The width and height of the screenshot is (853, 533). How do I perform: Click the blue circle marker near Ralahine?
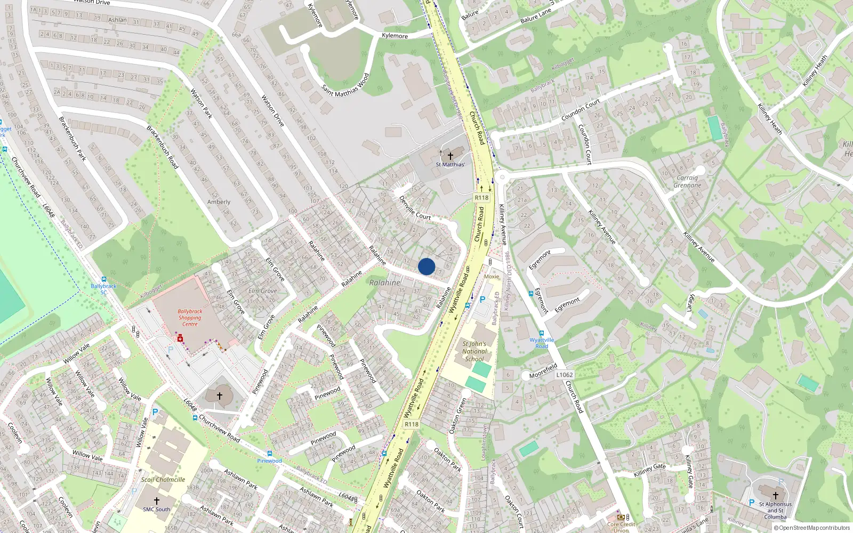click(426, 266)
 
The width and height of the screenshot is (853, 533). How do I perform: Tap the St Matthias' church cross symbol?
click(450, 156)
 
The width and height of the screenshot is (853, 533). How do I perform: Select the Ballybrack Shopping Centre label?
click(190, 317)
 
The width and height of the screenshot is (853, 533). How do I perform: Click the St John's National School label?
click(474, 351)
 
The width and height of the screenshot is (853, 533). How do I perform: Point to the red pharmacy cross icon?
click(180, 338)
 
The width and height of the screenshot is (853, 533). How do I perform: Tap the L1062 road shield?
click(564, 375)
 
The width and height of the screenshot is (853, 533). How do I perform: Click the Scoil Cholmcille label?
click(163, 479)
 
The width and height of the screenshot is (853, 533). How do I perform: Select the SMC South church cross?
click(156, 501)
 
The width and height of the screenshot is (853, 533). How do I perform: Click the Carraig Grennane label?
click(687, 182)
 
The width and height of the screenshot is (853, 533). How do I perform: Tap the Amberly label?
click(219, 202)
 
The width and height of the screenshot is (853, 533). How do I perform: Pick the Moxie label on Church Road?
click(492, 276)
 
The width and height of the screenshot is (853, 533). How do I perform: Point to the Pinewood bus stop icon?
click(270, 454)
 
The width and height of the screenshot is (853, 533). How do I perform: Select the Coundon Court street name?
click(581, 110)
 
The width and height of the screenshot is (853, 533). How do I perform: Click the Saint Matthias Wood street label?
click(345, 85)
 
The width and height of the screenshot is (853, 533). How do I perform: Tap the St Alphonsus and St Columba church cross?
click(775, 495)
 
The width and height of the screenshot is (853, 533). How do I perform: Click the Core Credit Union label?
click(621, 527)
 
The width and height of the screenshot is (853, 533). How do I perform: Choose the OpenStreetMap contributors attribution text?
click(811, 528)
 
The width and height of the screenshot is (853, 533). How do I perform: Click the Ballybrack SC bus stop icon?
click(103, 279)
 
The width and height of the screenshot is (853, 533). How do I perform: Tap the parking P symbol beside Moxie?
click(482, 300)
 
